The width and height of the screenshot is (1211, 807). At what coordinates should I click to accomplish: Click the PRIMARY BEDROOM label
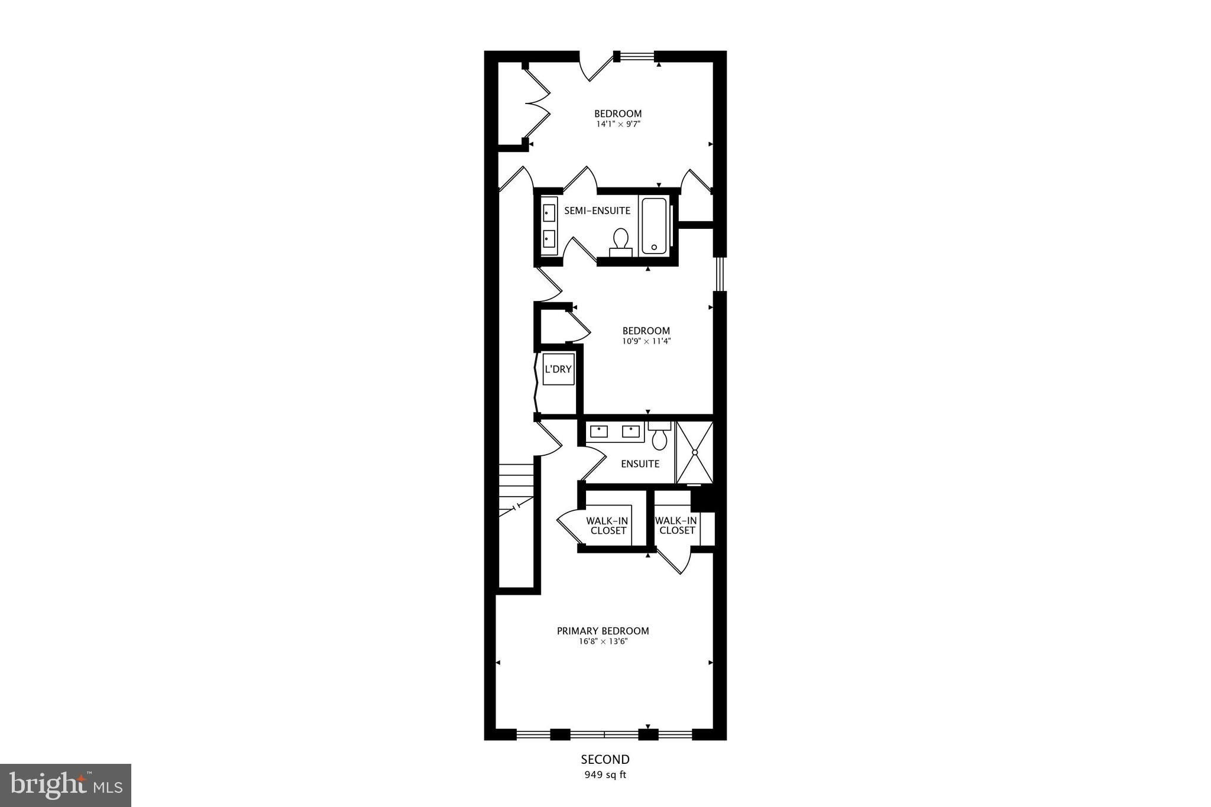click(x=603, y=631)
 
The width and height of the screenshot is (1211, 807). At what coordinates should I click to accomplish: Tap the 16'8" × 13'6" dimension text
click(x=603, y=641)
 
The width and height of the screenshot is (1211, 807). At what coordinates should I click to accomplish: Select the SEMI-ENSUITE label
click(x=597, y=210)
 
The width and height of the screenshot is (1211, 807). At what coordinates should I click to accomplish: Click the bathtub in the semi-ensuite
click(x=654, y=226)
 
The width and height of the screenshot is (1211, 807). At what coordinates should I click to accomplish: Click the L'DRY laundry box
click(x=558, y=370)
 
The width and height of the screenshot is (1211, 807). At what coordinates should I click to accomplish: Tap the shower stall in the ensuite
click(x=695, y=452)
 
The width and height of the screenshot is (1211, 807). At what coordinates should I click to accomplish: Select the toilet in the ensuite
click(x=659, y=435)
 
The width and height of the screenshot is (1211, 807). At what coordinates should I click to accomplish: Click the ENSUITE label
click(x=640, y=464)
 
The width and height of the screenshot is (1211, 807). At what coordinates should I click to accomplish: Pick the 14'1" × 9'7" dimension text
click(x=619, y=124)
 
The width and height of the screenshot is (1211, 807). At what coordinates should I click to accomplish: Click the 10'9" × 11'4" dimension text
click(x=646, y=341)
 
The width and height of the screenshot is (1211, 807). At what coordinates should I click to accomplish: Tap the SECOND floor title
click(x=605, y=759)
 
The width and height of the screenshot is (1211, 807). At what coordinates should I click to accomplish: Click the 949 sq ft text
click(x=605, y=775)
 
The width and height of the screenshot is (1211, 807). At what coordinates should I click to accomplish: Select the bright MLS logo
click(x=66, y=785)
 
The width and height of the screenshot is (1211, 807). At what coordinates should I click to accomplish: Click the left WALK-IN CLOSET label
click(x=607, y=526)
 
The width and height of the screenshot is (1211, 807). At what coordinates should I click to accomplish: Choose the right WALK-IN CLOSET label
click(x=676, y=526)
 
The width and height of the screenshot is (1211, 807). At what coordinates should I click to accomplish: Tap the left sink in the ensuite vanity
click(x=599, y=432)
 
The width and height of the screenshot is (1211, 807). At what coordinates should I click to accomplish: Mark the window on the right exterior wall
click(x=720, y=274)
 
